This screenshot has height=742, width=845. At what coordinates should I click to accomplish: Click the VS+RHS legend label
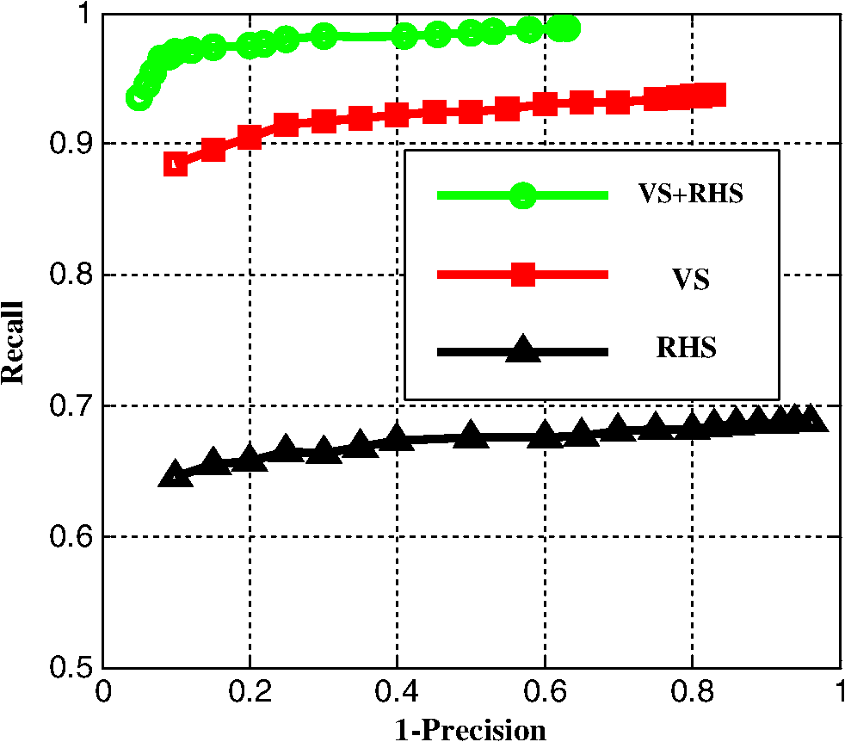(x=690, y=193)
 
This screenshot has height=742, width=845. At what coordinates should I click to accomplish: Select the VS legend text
(x=690, y=280)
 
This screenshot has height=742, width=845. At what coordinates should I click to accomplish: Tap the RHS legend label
(x=686, y=347)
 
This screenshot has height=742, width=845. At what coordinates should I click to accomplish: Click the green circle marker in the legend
(x=522, y=195)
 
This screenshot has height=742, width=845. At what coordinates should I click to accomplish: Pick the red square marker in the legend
(x=522, y=275)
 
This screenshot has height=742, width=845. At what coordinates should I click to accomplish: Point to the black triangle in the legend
(x=522, y=349)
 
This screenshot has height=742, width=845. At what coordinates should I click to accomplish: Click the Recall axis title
(x=13, y=343)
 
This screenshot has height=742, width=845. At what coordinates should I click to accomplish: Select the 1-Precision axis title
(x=471, y=731)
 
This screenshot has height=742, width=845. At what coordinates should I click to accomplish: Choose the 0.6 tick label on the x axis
(x=545, y=692)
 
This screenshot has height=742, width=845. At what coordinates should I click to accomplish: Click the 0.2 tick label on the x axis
(x=250, y=692)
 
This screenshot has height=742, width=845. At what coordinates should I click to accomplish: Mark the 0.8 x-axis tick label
(x=693, y=692)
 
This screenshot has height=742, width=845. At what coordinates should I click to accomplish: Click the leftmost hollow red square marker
(x=176, y=164)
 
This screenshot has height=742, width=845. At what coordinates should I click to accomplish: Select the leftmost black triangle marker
(x=176, y=474)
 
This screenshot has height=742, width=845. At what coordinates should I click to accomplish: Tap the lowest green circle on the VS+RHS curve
(x=139, y=97)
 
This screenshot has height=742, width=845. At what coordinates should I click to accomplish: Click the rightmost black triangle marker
(x=811, y=418)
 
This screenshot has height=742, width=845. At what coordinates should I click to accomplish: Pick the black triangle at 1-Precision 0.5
(x=471, y=434)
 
